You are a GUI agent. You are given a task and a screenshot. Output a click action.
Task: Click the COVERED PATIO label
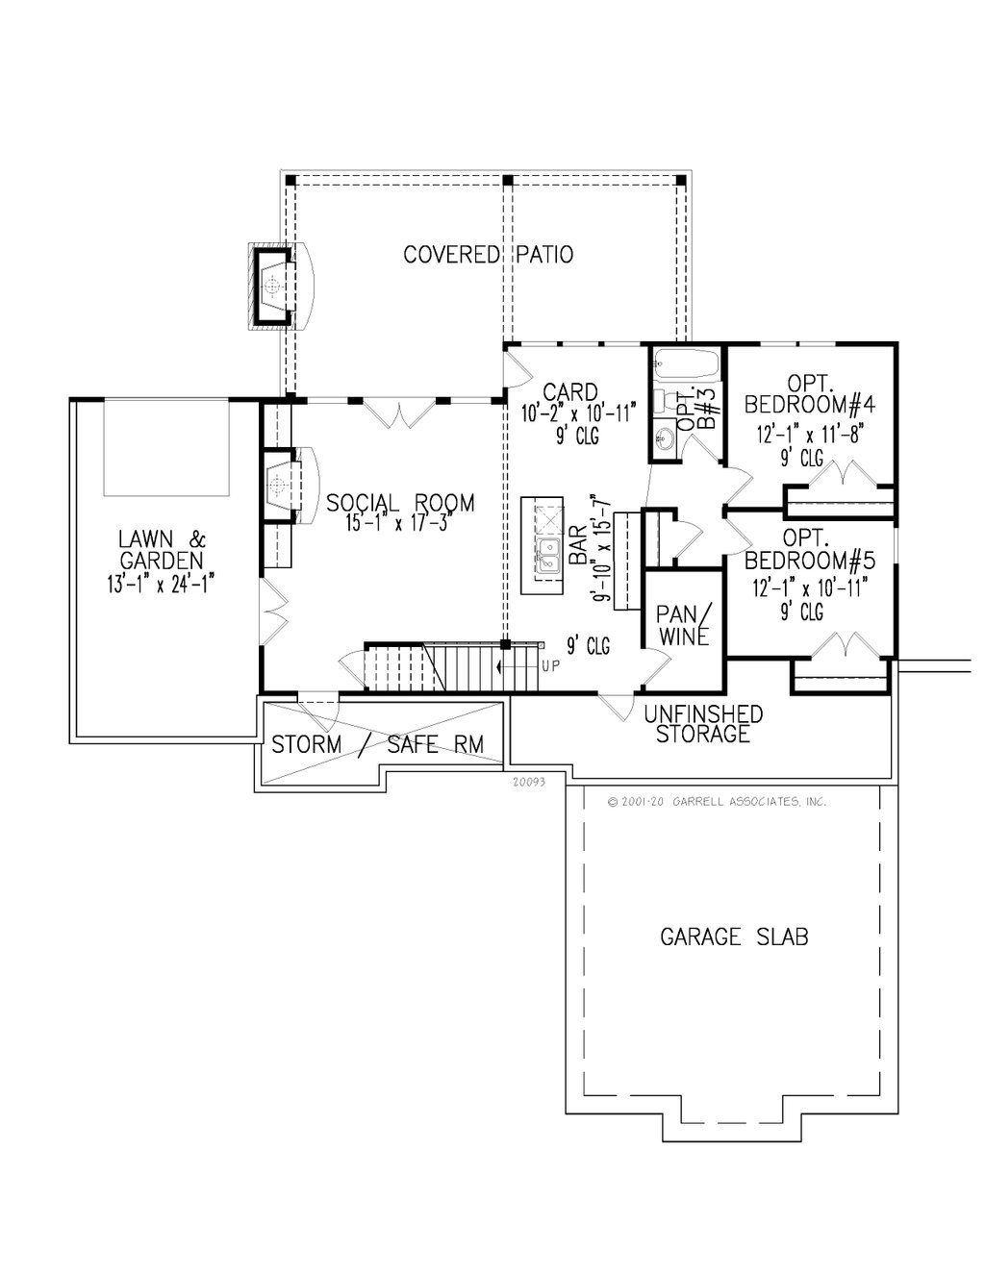(x=488, y=255)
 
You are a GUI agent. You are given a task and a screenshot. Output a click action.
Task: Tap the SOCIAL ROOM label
(x=400, y=503)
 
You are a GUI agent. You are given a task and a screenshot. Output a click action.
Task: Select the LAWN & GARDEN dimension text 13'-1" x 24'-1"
(x=163, y=583)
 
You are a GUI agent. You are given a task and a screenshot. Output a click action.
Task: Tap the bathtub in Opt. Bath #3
(x=686, y=364)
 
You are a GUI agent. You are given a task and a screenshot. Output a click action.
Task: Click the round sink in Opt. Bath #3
(x=666, y=440)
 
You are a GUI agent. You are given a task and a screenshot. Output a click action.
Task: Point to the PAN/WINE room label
(x=683, y=624)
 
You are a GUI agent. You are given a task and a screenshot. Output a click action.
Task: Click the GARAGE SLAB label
(x=733, y=936)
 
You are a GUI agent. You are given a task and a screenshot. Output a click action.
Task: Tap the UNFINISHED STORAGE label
(x=703, y=724)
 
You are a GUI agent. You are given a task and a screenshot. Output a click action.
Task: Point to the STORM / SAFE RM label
(x=377, y=744)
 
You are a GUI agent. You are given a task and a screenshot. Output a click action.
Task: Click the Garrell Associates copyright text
(x=717, y=801)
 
